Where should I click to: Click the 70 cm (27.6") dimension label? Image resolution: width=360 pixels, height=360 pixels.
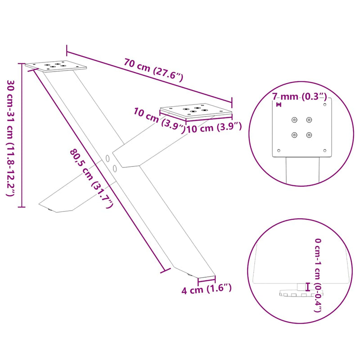[153, 70]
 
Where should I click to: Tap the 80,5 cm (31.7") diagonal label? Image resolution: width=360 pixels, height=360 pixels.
[92, 178]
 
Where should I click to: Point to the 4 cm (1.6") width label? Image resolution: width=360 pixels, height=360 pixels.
[207, 289]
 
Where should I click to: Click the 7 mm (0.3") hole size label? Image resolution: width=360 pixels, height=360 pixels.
[300, 96]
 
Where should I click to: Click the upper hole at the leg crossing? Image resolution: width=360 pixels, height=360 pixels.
[107, 158]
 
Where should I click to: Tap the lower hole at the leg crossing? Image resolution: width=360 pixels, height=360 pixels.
[115, 168]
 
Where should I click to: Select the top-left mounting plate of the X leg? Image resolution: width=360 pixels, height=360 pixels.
[56, 66]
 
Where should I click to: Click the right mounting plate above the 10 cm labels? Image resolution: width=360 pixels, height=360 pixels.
[196, 111]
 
